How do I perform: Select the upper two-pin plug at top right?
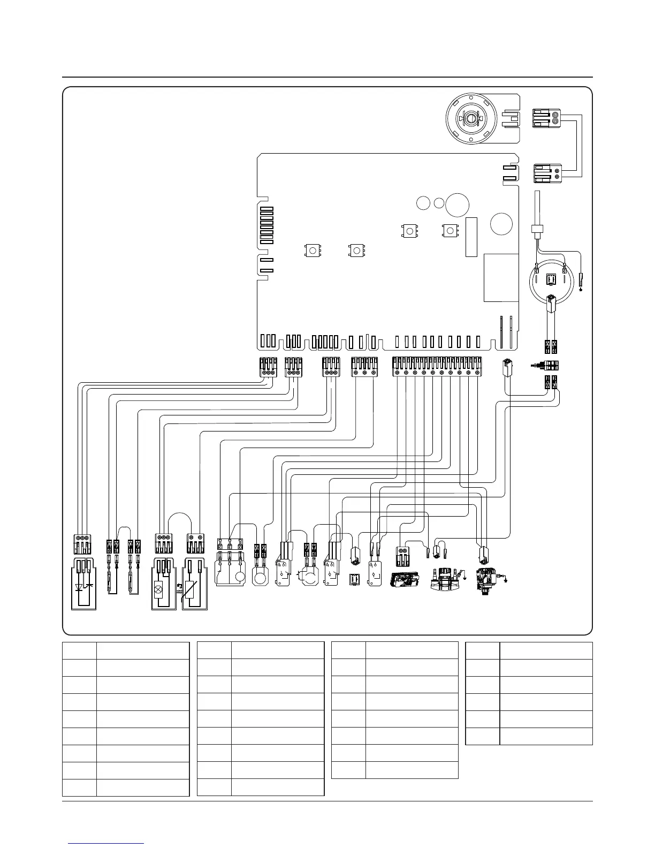547,119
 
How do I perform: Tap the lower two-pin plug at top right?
547,173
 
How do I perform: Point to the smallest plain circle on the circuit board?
439,203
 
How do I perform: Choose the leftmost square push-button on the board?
312,249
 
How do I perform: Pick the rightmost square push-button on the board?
450,231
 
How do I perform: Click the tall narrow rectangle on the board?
471,237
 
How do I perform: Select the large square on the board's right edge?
501,277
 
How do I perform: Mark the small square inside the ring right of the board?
550,279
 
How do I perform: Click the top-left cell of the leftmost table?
79,650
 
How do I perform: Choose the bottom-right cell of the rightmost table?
546,736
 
